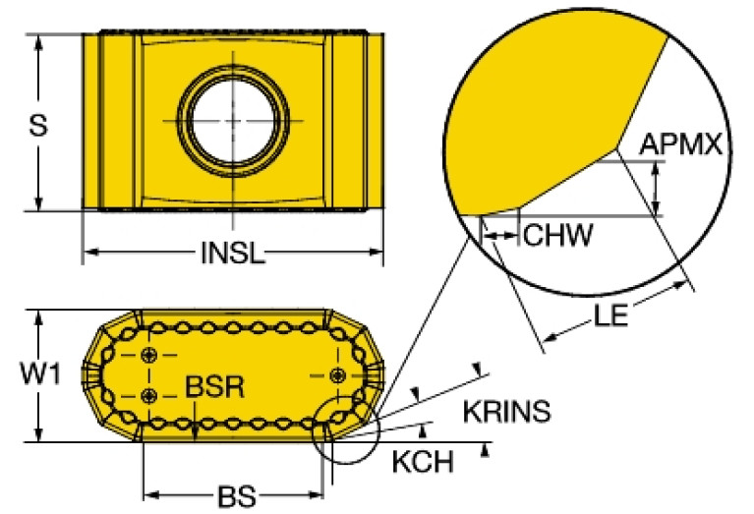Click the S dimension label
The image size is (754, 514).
pyautogui.click(x=38, y=126)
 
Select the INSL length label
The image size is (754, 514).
pyautogui.click(x=233, y=253)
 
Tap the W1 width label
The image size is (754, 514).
pyautogui.click(x=40, y=373)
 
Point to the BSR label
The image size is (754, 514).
pyautogui.click(x=215, y=386)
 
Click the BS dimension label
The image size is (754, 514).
pyautogui.click(x=237, y=496)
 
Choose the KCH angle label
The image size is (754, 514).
pyautogui.click(x=423, y=462)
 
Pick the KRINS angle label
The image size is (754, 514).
pyautogui.click(x=507, y=412)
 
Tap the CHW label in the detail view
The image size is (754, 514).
pyautogui.click(x=557, y=235)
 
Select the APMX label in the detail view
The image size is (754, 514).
pyautogui.click(x=681, y=143)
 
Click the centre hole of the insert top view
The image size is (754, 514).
pyautogui.click(x=233, y=120)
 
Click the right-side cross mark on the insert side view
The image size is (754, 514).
pyautogui.click(x=338, y=374)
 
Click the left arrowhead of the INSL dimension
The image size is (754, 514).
pyautogui.click(x=90, y=251)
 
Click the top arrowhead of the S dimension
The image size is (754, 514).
pyautogui.click(x=39, y=42)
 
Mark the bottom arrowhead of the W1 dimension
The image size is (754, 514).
pyautogui.click(x=39, y=434)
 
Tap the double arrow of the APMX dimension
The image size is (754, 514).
pyautogui.click(x=656, y=188)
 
